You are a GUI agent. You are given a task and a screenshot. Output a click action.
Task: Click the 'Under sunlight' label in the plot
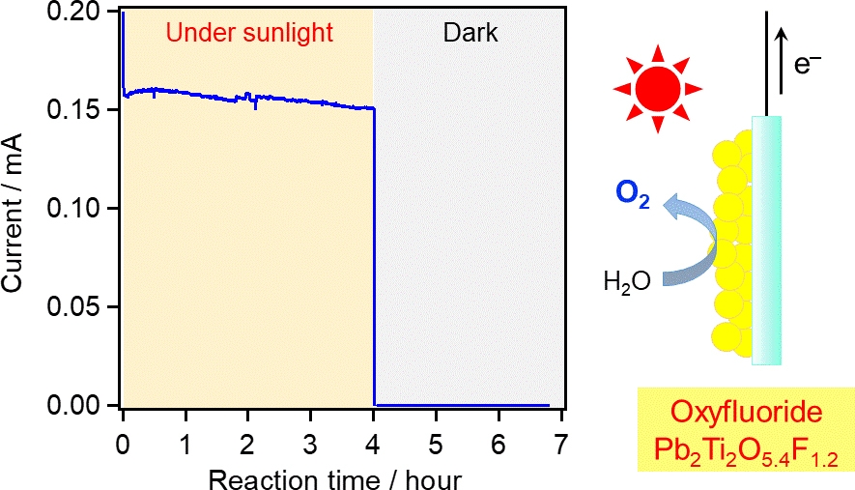coord(249,33)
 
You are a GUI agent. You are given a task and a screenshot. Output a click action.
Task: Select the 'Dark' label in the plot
coord(470,33)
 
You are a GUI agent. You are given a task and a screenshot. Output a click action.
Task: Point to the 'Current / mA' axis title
coord(21,209)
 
